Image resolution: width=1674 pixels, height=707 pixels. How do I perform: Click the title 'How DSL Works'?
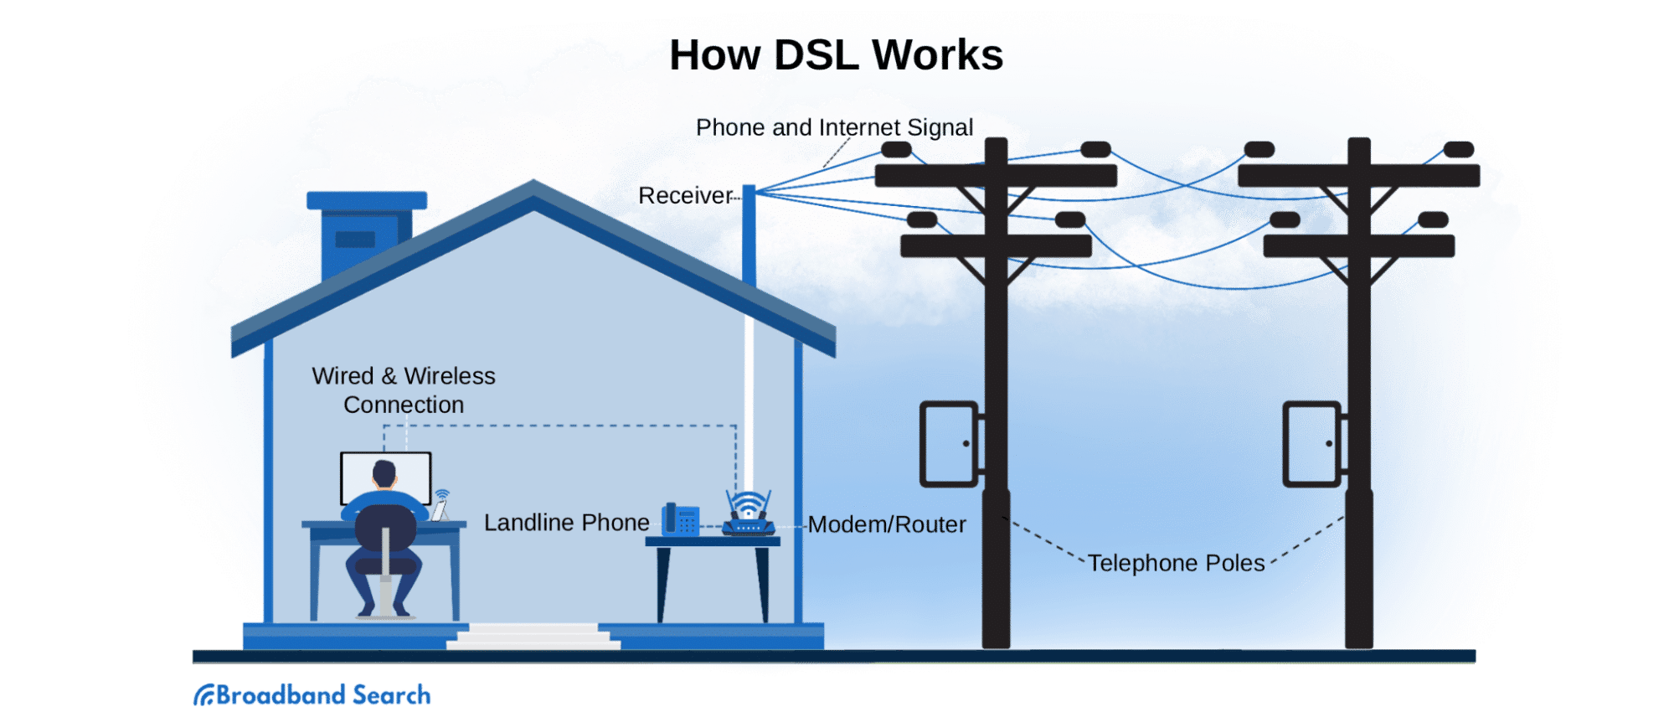click(836, 55)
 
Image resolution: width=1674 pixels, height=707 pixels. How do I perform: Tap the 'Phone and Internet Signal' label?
click(834, 127)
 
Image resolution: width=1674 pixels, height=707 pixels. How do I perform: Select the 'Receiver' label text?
click(684, 196)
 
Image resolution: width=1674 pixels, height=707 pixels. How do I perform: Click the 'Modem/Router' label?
click(887, 525)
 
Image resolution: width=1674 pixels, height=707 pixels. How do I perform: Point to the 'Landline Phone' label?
click(566, 523)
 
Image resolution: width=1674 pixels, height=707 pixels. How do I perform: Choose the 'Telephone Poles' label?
click(1176, 563)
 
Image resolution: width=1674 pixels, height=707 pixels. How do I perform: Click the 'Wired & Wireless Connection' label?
click(404, 390)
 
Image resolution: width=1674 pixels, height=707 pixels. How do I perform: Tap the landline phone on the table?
click(680, 519)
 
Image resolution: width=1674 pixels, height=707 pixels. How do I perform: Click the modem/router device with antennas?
click(748, 515)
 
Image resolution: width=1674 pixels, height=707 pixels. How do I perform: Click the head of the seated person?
click(384, 473)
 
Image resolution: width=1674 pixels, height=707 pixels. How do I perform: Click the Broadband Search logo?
click(312, 694)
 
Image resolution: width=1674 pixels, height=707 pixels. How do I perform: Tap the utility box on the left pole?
click(949, 444)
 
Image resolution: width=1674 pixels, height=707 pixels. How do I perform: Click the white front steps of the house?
click(533, 637)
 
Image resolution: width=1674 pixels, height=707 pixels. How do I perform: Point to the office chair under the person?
click(385, 570)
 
